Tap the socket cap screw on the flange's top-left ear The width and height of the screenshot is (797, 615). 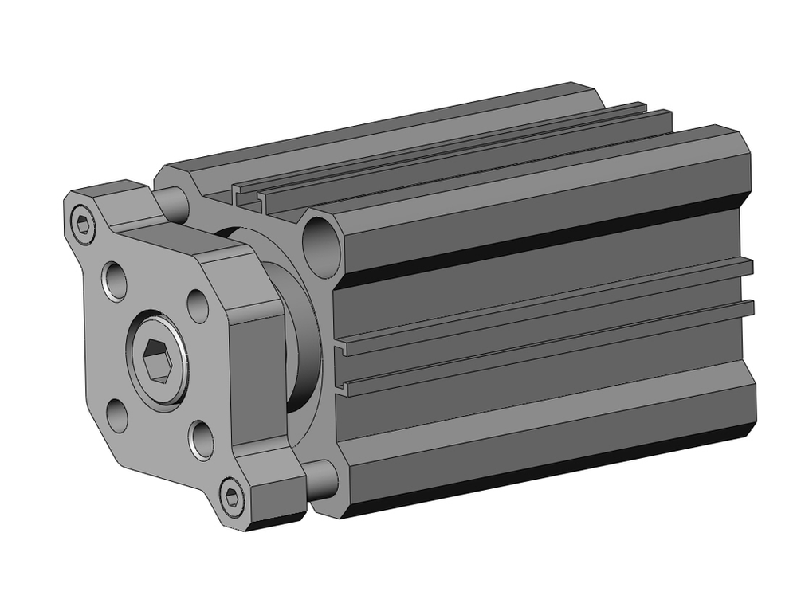[82, 225]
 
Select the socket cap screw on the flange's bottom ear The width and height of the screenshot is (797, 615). [232, 497]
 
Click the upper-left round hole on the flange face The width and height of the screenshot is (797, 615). [116, 279]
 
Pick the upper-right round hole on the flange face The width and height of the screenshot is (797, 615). [197, 304]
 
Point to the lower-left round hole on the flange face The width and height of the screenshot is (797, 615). [117, 415]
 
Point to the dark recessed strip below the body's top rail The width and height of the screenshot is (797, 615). [542, 239]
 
